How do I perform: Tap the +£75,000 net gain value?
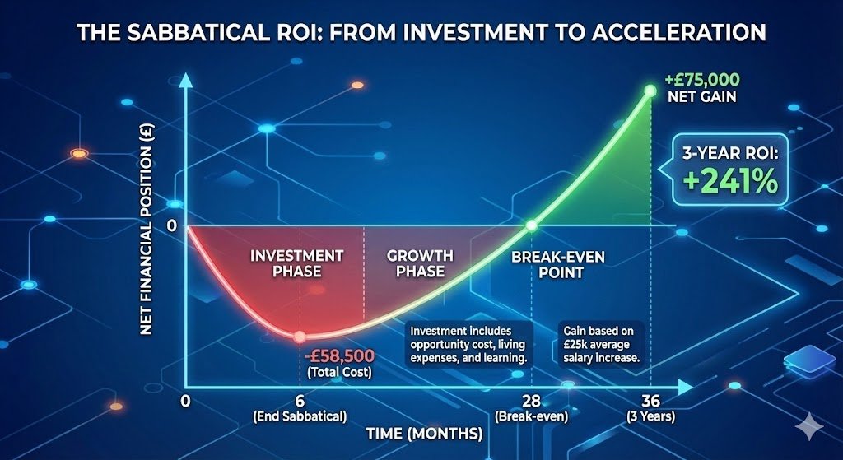701,81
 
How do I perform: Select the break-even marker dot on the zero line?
532,225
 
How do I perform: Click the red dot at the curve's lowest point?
300,336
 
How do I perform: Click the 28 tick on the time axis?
532,401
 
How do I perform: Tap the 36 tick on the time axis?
650,401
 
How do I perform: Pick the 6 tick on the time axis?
300,401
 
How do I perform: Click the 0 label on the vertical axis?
172,225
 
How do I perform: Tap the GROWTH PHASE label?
416,263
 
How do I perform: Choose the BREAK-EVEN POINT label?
558,265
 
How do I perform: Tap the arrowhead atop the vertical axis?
187,81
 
